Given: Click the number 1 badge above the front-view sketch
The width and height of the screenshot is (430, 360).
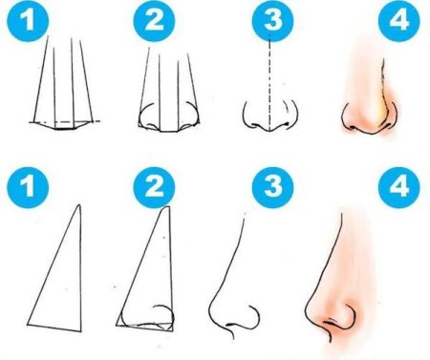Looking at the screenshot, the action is (x=29, y=21).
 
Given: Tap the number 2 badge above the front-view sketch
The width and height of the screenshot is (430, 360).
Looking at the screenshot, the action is (x=154, y=21).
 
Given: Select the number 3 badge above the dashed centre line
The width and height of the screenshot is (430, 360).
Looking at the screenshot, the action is (x=272, y=21).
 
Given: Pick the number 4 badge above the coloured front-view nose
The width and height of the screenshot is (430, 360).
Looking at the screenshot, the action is (x=398, y=21).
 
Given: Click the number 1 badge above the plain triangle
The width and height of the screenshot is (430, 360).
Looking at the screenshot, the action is (x=29, y=188).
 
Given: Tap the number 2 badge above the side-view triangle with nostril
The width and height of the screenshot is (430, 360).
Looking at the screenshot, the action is (x=154, y=188).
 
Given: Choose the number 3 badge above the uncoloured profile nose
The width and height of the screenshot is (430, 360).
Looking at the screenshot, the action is (x=272, y=188).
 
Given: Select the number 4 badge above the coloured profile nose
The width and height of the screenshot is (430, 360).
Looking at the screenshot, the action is (x=398, y=188).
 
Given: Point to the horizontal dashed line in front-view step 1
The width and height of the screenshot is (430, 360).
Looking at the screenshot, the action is (x=65, y=121).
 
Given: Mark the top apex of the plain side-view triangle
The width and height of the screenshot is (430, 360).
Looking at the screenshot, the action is (x=79, y=205).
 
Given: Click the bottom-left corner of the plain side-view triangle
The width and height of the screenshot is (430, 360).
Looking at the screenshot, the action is (x=28, y=325).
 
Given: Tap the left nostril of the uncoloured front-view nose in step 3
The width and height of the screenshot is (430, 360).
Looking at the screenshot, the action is (x=254, y=124).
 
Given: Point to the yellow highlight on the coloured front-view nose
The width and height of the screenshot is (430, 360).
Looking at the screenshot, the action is (x=379, y=110).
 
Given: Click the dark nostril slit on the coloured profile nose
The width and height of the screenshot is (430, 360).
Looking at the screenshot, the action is (x=330, y=323).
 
